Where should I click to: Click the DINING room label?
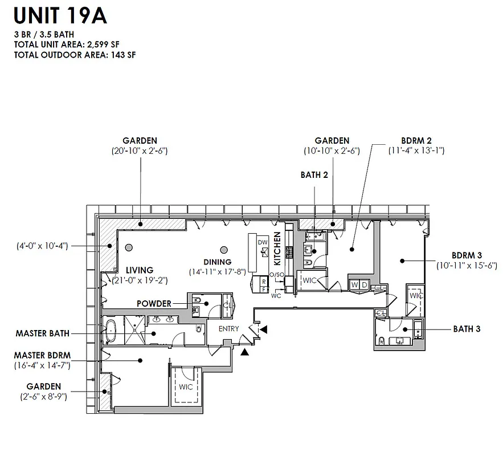coord(217,262)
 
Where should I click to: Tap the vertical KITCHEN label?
coord(277,249)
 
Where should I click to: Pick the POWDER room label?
coord(154,304)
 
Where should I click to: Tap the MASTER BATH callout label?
coord(43,333)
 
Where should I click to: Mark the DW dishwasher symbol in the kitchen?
coord(263,242)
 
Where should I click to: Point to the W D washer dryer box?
coord(359,284)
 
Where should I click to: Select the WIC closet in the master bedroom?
coord(186,387)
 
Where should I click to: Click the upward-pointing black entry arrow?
coord(244,352)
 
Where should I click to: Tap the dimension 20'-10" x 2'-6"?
coord(140,151)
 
